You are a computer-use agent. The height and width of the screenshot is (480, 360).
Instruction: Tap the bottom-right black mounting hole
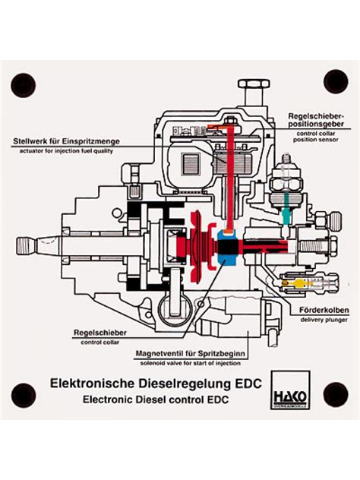pyautogui.click(x=335, y=394)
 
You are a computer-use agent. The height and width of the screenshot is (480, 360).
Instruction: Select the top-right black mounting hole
pyautogui.click(x=335, y=81)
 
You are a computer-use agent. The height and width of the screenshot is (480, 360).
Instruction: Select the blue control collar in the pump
pyautogui.click(x=227, y=246)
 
